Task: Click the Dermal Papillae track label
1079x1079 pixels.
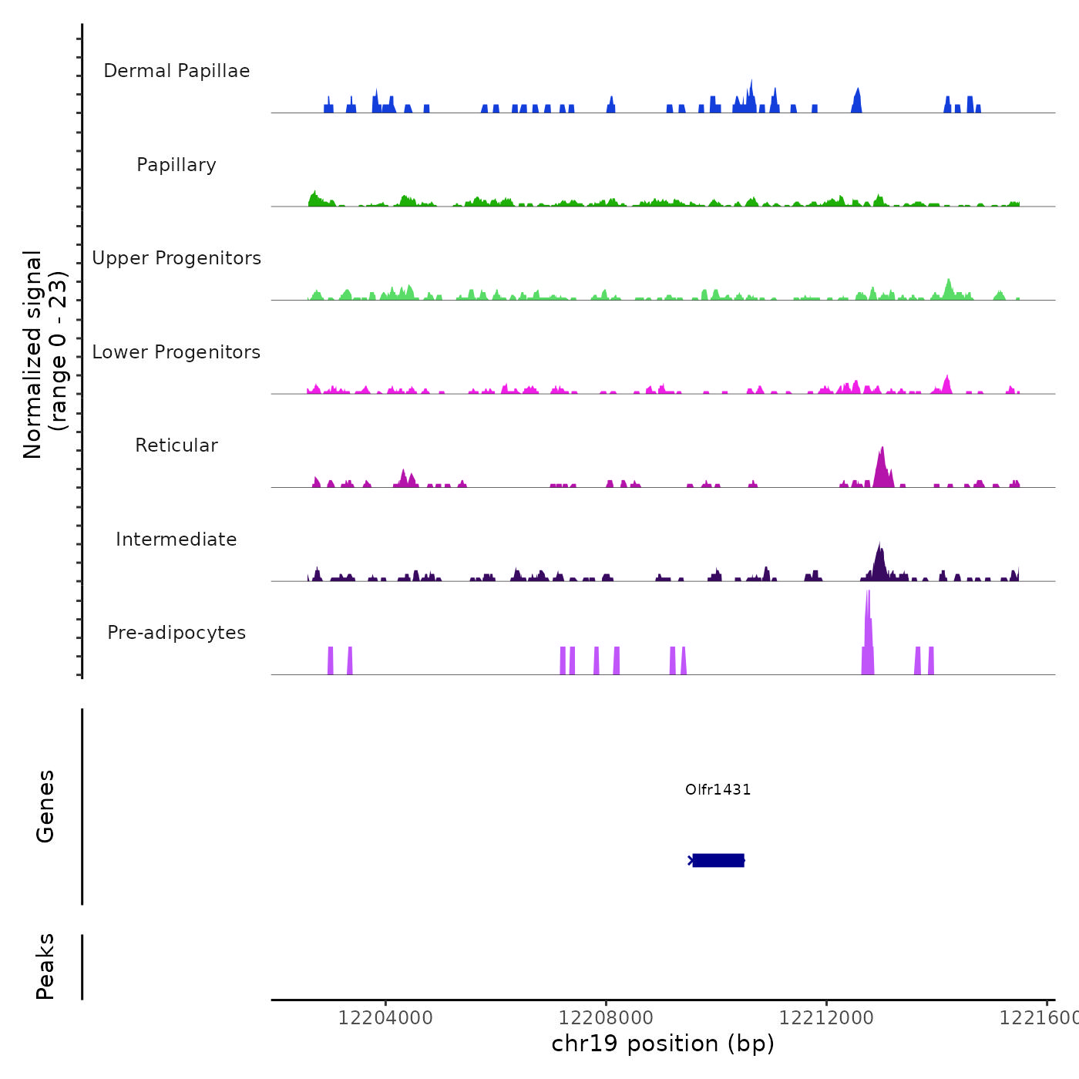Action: point(176,71)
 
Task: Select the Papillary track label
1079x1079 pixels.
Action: point(176,165)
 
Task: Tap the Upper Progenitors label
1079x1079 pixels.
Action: point(176,258)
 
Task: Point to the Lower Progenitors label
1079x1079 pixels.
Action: point(176,352)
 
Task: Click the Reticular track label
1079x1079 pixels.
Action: point(176,445)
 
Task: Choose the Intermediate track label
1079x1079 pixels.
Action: point(176,539)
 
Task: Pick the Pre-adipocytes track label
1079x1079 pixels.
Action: point(176,633)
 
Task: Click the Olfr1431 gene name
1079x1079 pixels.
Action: point(718,789)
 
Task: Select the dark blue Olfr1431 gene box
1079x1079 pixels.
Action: point(718,860)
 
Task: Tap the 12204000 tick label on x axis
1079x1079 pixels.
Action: point(385,1017)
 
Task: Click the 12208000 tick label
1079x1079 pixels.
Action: point(606,1017)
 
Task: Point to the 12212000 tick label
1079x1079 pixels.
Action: point(826,1017)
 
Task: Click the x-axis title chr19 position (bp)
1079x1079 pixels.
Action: point(663,1044)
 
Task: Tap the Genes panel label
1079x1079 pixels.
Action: point(45,806)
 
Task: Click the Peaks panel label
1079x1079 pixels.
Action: point(45,966)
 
